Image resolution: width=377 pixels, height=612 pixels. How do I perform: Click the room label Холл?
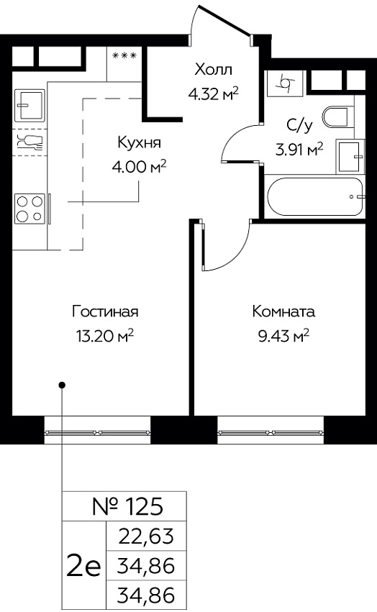[213, 70]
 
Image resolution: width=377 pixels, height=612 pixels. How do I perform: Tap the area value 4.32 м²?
[213, 93]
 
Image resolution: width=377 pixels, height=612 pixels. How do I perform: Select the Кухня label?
[139, 143]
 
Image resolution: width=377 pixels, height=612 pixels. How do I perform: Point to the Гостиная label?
[106, 311]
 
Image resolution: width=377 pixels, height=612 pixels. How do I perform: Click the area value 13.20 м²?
[106, 335]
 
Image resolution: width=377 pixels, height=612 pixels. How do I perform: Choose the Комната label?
[283, 311]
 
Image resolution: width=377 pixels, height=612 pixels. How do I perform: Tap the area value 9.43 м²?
[283, 335]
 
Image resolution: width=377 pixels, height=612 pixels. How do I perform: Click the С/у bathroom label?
[299, 125]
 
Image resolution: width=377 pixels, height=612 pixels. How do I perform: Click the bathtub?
[315, 197]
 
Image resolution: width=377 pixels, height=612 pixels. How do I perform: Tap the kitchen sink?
[29, 106]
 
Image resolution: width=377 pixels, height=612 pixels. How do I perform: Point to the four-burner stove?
[29, 209]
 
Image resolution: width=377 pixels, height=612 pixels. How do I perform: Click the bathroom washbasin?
[350, 156]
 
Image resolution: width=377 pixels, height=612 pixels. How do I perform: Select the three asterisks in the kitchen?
[124, 56]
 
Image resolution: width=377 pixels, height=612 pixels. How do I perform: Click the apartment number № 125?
[127, 506]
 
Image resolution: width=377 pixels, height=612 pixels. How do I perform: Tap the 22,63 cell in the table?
[146, 536]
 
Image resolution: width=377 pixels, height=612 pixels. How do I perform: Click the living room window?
[97, 431]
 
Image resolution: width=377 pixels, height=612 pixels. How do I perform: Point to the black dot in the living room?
[62, 385]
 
